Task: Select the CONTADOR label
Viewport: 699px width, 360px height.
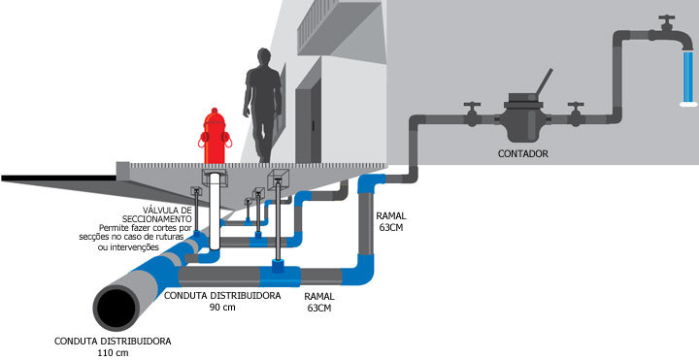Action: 523,154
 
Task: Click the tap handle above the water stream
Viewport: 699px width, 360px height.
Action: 667,20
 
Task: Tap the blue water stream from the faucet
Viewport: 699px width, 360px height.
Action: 688,78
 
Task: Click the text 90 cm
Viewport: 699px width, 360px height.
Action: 222,308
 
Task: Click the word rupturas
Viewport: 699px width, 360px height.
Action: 178,237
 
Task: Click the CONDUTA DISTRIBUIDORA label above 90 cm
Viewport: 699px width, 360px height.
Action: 222,295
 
